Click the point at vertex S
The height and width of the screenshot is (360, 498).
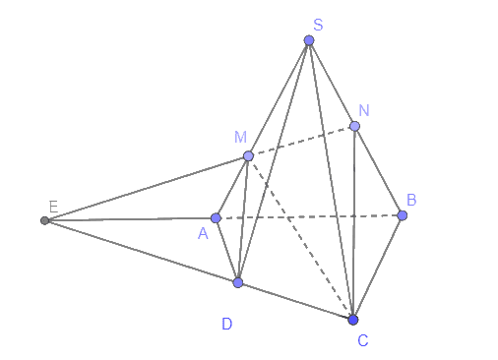pos(309,40)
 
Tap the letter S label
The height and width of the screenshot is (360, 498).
pos(318,25)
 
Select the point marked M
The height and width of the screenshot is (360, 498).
pos(248,155)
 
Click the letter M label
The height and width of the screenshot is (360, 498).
pos(240,137)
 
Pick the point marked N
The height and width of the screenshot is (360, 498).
pos(354,126)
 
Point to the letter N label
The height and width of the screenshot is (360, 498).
pos(364,110)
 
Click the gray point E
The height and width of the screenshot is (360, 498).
pos(44,220)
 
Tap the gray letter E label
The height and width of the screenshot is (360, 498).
pos(53,207)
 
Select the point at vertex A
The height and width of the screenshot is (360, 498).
pos(216,218)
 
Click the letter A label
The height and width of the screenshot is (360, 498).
pos(203,234)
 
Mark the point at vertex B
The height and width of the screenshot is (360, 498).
pos(403,215)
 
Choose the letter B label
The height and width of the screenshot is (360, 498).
pos(411,200)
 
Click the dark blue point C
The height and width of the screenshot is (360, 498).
pos(353,320)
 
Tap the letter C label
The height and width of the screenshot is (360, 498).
pos(363,340)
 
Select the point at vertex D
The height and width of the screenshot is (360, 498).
pos(238,282)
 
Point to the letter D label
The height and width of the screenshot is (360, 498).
pos(227,324)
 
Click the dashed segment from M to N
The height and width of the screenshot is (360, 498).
pos(301,141)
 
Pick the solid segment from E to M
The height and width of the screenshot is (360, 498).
pos(147,188)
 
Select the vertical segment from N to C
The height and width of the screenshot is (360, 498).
pos(353,223)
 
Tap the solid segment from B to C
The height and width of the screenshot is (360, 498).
pos(378,268)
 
